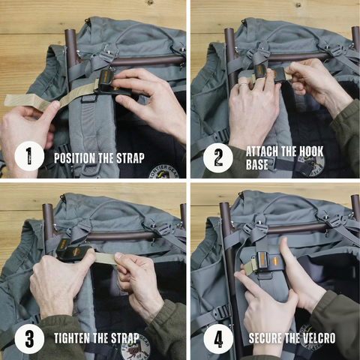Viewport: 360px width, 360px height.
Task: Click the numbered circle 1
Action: [29, 156]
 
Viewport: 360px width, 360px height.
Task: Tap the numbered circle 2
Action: [218, 157]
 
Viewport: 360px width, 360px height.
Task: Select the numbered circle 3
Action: [29, 339]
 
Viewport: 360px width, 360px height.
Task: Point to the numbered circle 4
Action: [218, 339]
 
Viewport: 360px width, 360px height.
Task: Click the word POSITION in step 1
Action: [74, 158]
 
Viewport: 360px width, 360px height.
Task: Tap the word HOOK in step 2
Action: [311, 151]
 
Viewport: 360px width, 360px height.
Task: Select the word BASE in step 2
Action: [256, 164]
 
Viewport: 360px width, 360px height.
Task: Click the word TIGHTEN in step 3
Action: [72, 338]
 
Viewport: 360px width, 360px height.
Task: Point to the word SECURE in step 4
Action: [265, 338]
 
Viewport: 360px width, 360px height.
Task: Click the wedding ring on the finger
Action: [242, 85]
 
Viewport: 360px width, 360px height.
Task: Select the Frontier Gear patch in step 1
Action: [164, 172]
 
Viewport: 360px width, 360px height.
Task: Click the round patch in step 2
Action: [310, 164]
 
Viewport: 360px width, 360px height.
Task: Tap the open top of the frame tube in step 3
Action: [47, 207]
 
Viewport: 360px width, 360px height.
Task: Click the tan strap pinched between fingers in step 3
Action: [106, 258]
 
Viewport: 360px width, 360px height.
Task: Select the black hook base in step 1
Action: [110, 83]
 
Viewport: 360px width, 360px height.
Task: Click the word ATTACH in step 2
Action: [262, 151]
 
